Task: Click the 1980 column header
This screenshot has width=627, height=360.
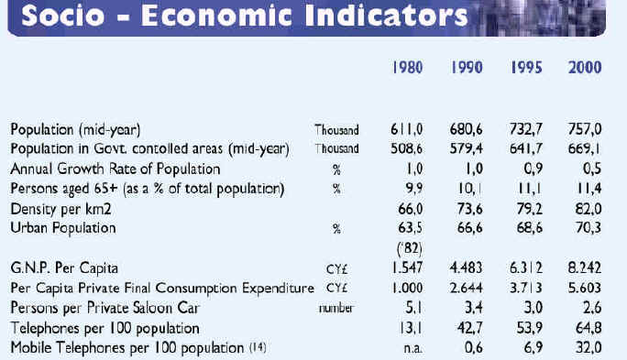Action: (x=407, y=68)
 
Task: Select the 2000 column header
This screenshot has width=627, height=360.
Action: (x=585, y=68)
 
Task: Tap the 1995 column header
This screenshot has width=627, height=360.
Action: (x=526, y=68)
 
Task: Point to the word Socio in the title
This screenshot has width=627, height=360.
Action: (x=63, y=16)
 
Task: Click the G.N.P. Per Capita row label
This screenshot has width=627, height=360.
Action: (x=64, y=268)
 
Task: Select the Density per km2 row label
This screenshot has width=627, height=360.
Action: (x=60, y=209)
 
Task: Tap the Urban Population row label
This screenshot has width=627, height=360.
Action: (x=63, y=228)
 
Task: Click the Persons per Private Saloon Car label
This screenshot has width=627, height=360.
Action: (x=104, y=308)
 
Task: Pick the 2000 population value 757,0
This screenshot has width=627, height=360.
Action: (x=585, y=129)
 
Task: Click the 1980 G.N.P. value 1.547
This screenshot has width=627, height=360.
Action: (x=407, y=267)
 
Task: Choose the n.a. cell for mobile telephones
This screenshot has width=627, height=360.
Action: (x=412, y=348)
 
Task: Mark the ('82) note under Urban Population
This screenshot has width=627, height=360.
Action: (x=410, y=248)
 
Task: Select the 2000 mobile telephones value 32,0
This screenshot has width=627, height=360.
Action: (x=588, y=347)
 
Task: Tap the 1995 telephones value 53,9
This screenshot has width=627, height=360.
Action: (x=530, y=328)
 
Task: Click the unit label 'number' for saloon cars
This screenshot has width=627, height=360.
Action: (x=336, y=309)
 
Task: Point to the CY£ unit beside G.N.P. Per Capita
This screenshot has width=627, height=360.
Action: (x=337, y=269)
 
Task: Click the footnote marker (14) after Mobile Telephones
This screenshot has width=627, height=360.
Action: (x=258, y=347)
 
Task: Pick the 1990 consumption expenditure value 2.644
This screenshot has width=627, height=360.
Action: (x=467, y=288)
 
